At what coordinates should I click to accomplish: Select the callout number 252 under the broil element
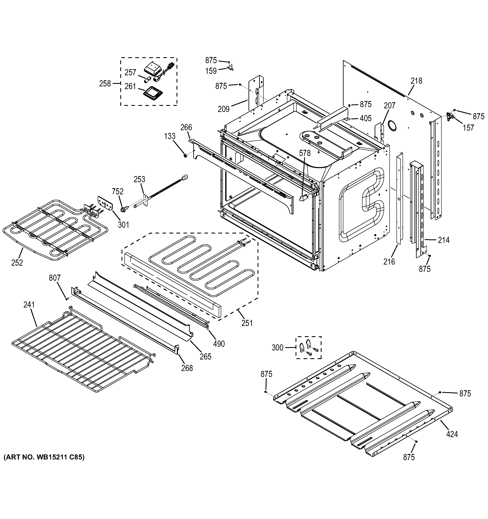point(17,263)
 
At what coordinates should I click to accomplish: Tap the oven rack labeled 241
point(78,350)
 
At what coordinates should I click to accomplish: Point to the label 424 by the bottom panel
point(452,434)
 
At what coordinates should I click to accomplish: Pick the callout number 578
point(305,153)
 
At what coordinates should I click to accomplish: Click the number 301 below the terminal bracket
point(123,225)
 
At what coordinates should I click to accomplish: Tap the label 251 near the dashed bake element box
point(247,323)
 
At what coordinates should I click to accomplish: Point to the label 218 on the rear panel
point(416,81)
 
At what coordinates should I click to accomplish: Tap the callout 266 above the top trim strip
point(186,127)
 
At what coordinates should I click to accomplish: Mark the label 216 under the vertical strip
point(389,262)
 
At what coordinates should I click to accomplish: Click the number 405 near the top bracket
point(365,118)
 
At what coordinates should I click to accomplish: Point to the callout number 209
point(224,109)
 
